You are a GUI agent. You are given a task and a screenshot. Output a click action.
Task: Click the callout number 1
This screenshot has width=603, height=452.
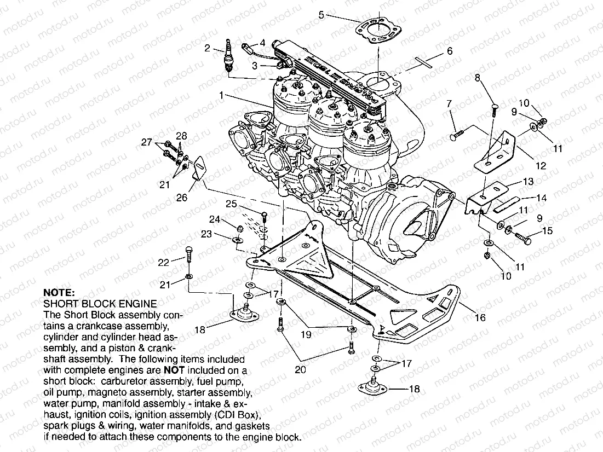tap(222, 95)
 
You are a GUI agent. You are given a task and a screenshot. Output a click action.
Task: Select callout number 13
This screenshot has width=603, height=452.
tap(527, 181)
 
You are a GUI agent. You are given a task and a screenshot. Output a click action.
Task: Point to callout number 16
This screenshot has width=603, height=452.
tap(480, 317)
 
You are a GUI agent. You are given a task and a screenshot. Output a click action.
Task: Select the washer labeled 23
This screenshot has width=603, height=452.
tap(237, 240)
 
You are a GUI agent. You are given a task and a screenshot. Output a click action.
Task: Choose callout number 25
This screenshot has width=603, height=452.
tap(232, 204)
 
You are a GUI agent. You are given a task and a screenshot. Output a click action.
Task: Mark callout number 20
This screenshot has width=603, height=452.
tap(300, 369)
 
